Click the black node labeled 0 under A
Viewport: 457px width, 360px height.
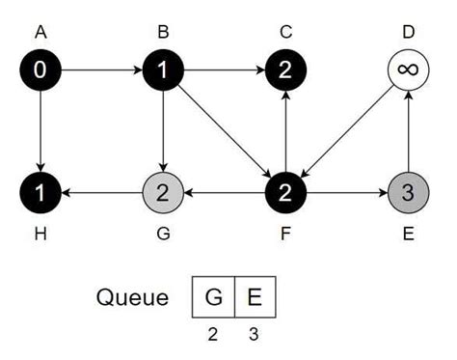[40, 70]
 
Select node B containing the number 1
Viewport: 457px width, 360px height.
[163, 70]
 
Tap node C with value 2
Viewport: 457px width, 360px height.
[285, 70]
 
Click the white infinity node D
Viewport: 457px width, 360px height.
[408, 70]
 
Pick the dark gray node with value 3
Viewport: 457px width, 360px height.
[408, 192]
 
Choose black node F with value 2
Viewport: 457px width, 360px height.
[285, 192]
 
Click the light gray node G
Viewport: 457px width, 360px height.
[163, 192]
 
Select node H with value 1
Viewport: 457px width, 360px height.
[40, 192]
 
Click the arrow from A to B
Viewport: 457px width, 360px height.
[101, 70]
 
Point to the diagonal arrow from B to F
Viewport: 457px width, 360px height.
[224, 131]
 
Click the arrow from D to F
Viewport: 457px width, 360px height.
[347, 131]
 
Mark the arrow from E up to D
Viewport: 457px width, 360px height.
[408, 131]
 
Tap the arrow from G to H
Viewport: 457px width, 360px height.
[101, 192]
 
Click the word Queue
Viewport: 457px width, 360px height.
[132, 296]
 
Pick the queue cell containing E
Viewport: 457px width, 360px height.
[255, 296]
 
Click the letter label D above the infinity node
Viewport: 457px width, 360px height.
[408, 32]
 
